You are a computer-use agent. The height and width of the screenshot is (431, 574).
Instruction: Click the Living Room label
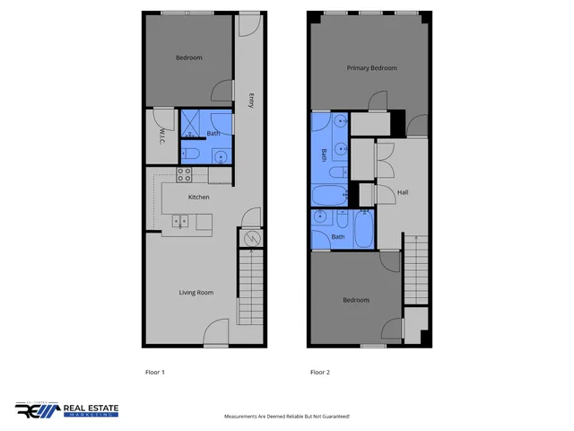coord(196,293)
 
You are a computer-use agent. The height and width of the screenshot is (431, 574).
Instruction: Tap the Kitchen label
coord(198,197)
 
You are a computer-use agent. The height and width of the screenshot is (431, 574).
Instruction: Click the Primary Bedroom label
coord(372,68)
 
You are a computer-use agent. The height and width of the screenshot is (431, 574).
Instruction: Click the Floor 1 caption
coord(155,372)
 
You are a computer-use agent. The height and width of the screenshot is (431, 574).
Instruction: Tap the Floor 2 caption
coord(320,372)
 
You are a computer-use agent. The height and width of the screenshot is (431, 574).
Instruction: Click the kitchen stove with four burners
coord(186,174)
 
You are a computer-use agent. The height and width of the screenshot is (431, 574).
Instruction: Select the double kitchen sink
coord(180,219)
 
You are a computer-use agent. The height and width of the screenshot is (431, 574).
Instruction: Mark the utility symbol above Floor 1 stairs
coord(252,239)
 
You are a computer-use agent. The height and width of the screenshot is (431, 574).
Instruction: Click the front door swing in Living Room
coord(216,336)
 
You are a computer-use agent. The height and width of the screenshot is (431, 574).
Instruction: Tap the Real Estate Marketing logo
coord(66,410)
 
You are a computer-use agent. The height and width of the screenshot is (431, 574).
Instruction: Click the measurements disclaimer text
coord(286,417)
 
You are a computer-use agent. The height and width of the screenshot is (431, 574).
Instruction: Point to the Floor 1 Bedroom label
coord(188,58)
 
